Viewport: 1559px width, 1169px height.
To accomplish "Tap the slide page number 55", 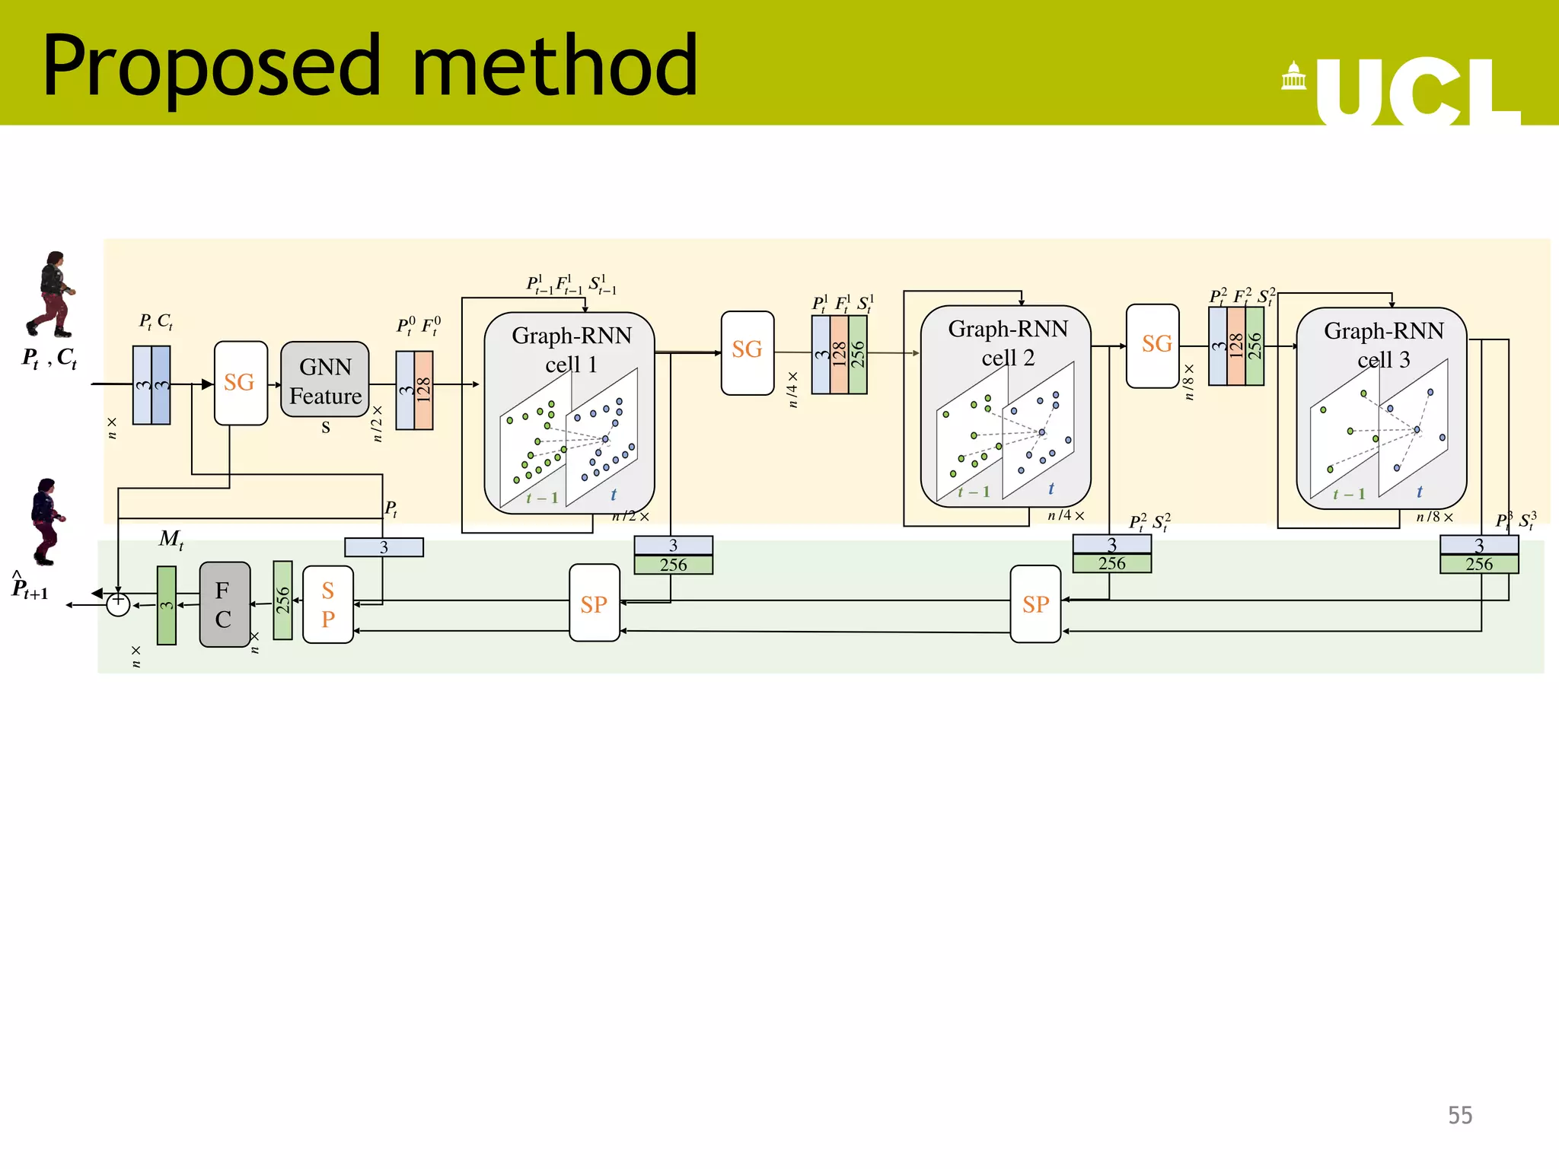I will tap(1459, 1115).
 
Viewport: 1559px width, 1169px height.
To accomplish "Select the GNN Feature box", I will tap(325, 380).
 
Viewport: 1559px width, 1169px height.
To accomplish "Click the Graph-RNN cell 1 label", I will tap(571, 349).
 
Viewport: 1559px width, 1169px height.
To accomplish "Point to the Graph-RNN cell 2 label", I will tap(1007, 342).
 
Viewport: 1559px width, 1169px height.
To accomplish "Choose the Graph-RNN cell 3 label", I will tap(1383, 345).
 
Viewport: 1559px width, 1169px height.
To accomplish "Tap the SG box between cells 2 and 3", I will tap(1153, 346).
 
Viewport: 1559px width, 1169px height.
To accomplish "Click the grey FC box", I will tap(224, 604).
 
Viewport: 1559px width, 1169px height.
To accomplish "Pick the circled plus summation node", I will tap(118, 604).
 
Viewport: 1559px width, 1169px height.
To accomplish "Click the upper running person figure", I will tap(52, 295).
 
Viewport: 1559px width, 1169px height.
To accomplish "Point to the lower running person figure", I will tap(46, 521).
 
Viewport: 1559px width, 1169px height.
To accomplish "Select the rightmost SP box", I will tap(1035, 604).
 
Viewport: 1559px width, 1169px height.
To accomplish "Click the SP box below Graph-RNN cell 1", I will tap(594, 604).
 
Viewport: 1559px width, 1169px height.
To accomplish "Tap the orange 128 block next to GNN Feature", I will tap(424, 390).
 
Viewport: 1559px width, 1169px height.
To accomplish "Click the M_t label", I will tap(171, 540).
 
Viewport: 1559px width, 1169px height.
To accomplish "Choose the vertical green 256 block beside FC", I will tap(282, 600).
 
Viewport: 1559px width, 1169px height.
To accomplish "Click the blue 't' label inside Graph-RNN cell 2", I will tap(1050, 489).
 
